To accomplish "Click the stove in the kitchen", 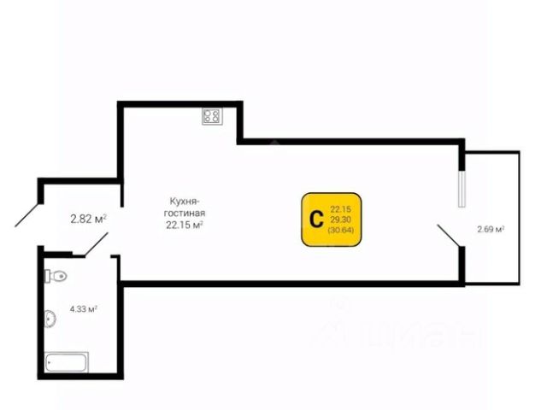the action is click(211, 117).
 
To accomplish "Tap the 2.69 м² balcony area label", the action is click(491, 229).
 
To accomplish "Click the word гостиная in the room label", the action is click(186, 214).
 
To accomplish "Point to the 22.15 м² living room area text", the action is click(185, 225).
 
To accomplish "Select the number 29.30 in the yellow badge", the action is click(340, 220).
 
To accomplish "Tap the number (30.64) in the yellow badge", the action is click(340, 230).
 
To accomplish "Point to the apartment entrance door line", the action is click(27, 213).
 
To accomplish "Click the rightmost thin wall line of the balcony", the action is click(520, 217).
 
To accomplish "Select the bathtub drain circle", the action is click(50, 362).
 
